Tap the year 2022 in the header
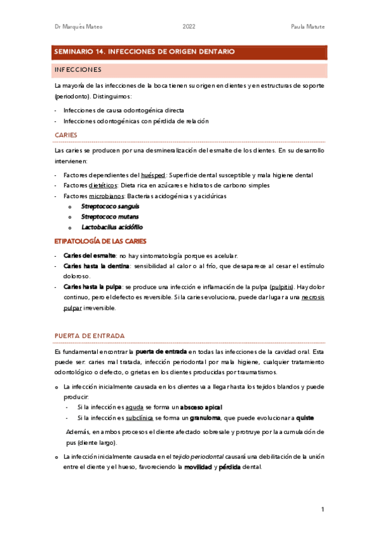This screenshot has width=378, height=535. click(x=189, y=26)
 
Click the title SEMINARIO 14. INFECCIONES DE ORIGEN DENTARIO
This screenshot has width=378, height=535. click(x=145, y=52)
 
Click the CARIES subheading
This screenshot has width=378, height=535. click(x=66, y=135)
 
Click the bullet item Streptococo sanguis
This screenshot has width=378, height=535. click(x=110, y=206)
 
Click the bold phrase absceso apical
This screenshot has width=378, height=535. click(x=201, y=408)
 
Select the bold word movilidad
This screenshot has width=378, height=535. click(x=198, y=467)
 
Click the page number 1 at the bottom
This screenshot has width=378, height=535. click(x=322, y=509)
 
